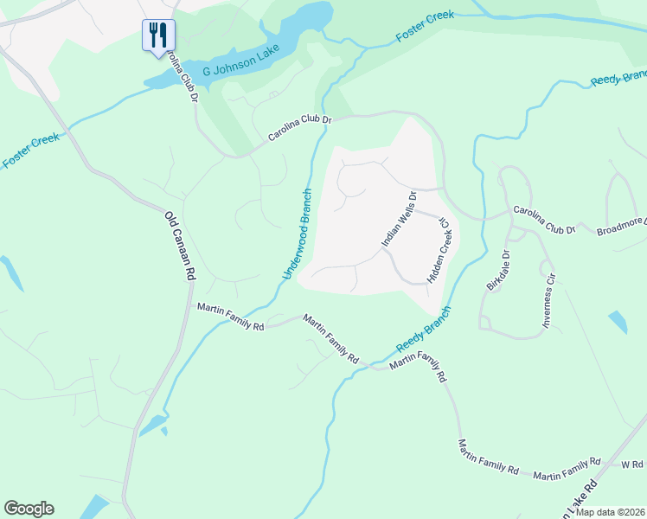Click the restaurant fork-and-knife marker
(x=158, y=36)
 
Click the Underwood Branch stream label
(x=297, y=234)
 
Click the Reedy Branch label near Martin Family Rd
(x=424, y=329)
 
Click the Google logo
(x=29, y=509)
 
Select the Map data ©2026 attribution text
(x=609, y=512)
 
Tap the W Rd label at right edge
(x=632, y=465)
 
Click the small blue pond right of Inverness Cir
(x=618, y=322)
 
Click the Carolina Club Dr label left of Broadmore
(x=543, y=220)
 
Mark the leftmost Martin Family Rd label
(x=230, y=317)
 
